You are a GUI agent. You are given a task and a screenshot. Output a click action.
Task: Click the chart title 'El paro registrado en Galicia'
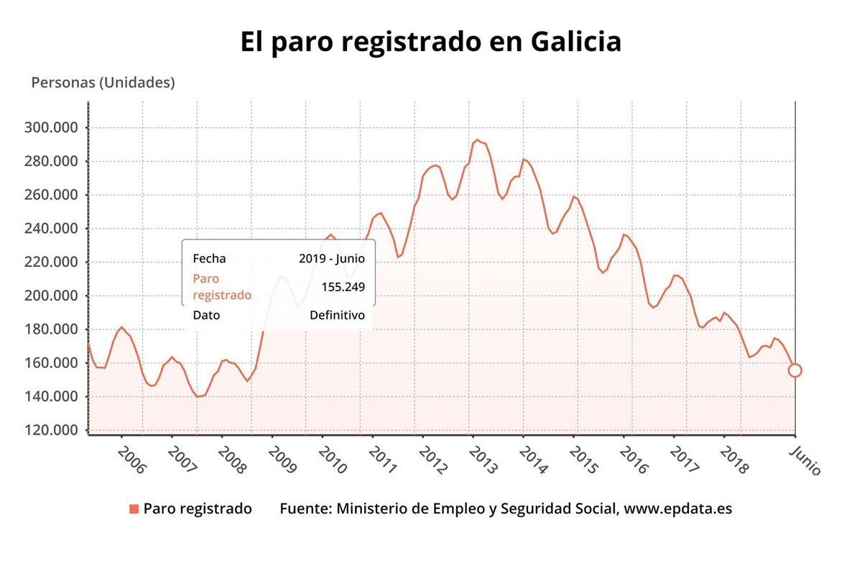(430, 41)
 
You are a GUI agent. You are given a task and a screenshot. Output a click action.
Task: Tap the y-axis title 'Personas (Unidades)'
(103, 83)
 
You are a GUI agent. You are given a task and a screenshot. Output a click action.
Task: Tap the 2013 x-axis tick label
(483, 459)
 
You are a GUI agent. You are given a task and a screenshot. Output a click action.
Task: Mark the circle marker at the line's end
(794, 370)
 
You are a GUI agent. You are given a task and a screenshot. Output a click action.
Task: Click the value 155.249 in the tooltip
(343, 287)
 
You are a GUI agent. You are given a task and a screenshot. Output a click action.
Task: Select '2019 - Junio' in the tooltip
(332, 259)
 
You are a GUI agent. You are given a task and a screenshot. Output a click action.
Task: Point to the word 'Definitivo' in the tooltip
(337, 315)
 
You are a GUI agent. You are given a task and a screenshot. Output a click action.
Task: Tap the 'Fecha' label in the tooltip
(209, 259)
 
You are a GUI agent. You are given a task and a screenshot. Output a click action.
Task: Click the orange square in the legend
(134, 509)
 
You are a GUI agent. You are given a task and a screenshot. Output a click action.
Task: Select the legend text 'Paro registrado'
(198, 509)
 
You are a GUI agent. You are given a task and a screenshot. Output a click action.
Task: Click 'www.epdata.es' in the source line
(678, 509)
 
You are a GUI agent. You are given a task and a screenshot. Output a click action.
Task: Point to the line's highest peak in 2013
(476, 140)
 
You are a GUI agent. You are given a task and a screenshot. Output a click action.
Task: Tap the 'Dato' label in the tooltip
(206, 315)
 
